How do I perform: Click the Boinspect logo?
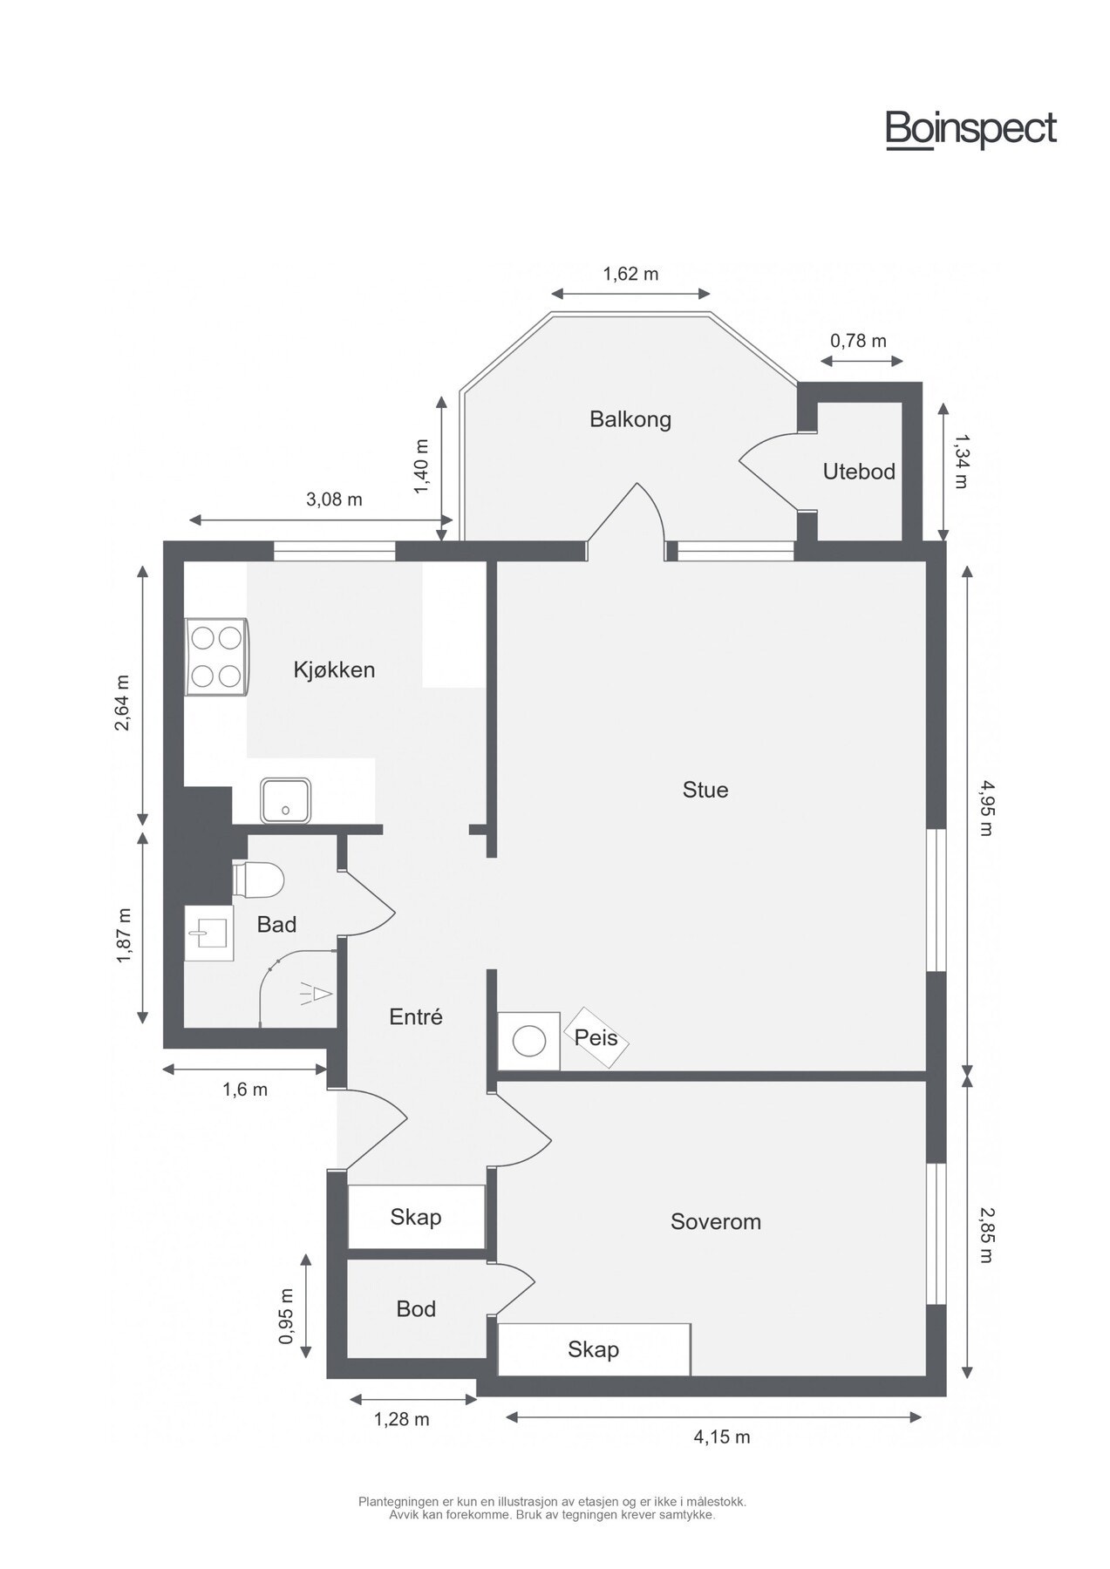971,130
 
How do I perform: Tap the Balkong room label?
630,419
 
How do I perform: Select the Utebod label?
859,472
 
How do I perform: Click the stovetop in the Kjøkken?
216,656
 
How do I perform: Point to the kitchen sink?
285,800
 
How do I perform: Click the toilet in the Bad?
258,879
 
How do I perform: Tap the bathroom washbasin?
209,933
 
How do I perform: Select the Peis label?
596,1037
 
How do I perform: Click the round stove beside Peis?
528,1041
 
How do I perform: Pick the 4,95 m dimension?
985,807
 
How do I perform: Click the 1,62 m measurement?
630,274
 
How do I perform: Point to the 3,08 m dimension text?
334,499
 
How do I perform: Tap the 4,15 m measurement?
722,1437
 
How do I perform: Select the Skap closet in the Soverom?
594,1348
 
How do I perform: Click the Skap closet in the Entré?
416,1216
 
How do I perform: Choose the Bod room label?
416,1308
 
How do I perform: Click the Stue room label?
705,790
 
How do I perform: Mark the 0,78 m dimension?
859,341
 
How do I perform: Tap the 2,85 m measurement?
985,1234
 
